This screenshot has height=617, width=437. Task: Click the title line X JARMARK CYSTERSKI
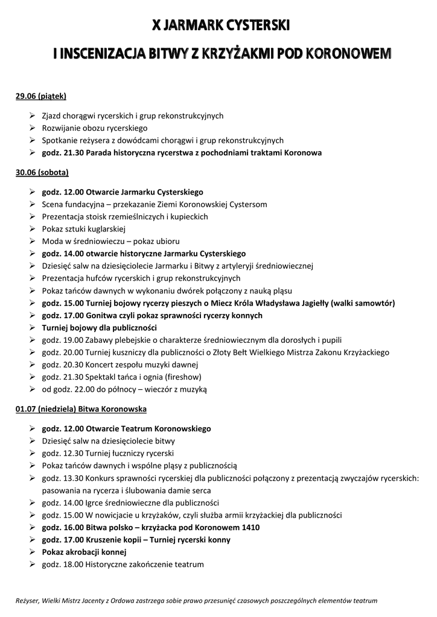(x=222, y=26)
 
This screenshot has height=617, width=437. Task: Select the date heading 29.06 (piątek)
(x=40, y=96)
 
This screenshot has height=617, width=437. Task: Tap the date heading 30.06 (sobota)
(x=42, y=173)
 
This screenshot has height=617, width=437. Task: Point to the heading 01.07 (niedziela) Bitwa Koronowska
(x=81, y=409)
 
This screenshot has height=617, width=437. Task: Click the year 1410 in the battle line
(x=250, y=527)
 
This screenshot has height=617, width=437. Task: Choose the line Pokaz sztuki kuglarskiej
(x=83, y=229)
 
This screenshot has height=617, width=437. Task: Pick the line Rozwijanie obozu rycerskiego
(x=94, y=128)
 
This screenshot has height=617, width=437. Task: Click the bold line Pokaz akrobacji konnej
(x=84, y=552)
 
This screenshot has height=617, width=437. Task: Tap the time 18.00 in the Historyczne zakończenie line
(x=74, y=565)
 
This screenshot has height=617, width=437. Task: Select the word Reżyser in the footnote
(x=27, y=601)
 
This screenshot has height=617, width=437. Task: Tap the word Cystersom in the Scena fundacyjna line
(x=247, y=204)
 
